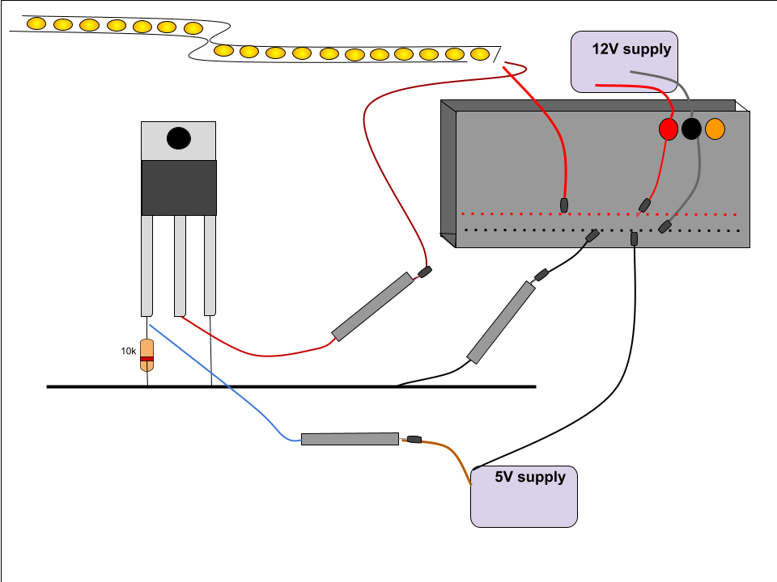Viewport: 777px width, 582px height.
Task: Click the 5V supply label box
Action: [x=524, y=496]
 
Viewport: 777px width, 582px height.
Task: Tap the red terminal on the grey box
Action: [x=668, y=129]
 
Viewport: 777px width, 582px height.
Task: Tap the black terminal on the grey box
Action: [x=691, y=129]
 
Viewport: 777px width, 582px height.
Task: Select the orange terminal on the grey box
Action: [x=715, y=129]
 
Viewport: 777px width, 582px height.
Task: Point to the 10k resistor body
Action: [x=146, y=355]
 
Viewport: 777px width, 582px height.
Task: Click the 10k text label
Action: [x=128, y=351]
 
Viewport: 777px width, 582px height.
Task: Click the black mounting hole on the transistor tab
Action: [x=178, y=139]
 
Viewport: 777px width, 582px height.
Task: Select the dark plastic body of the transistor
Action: [x=179, y=188]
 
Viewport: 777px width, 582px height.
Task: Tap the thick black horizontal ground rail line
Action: [x=291, y=386]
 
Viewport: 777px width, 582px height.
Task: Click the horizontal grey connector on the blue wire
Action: [x=350, y=439]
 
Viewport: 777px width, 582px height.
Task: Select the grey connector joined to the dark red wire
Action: [x=373, y=306]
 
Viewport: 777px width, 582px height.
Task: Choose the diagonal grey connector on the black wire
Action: [x=501, y=322]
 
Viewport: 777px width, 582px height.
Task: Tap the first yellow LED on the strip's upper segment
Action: [x=36, y=23]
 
